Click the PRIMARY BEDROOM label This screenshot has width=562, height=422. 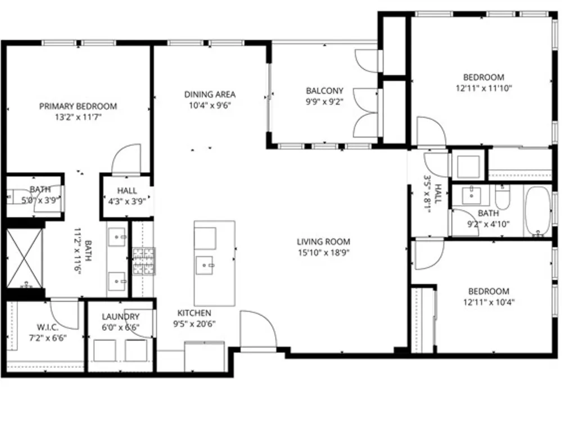pos(78,106)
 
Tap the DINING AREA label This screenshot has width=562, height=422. pos(210,95)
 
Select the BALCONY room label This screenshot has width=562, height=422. pos(324,91)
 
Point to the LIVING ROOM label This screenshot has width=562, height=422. pos(323,241)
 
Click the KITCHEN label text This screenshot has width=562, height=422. pos(194,313)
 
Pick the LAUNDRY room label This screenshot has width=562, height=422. pos(120,316)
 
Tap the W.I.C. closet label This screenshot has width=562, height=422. pos(48,327)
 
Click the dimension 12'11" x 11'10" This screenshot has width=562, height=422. pos(483,88)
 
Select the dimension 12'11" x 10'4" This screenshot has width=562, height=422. pos(488,302)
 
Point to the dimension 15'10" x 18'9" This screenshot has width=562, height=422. pos(323,253)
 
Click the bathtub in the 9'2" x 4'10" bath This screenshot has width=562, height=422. pos(538,212)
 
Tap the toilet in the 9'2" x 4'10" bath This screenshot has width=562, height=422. pos(502,197)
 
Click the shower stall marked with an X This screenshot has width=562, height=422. pos(24,258)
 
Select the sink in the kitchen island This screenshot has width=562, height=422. pos(205,266)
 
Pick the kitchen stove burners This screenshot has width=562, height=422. pos(144,261)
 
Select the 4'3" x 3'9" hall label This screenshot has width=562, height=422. pos(127,196)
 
